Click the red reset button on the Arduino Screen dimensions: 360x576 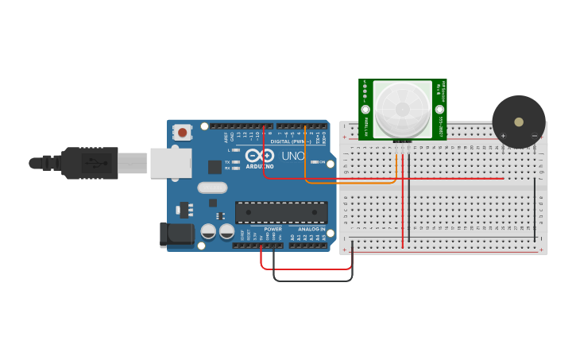(183, 133)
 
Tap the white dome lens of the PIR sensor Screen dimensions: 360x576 (402, 109)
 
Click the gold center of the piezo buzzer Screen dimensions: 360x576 (519, 122)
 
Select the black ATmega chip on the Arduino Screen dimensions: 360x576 (281, 212)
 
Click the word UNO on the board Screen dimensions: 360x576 (293, 156)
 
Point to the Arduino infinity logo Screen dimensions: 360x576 (260, 155)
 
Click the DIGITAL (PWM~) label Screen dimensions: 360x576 (291, 141)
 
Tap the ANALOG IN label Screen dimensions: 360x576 (311, 229)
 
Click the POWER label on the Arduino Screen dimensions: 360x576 (273, 229)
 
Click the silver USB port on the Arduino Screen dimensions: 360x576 (171, 163)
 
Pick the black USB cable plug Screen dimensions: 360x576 (91, 163)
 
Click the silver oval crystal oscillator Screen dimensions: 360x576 (212, 188)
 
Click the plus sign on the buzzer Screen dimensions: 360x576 (503, 136)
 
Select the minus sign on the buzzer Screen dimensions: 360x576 (534, 136)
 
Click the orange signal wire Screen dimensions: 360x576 (350, 183)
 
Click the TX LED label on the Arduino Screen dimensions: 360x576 (227, 161)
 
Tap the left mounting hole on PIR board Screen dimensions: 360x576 (365, 109)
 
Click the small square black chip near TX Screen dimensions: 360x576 (215, 167)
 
